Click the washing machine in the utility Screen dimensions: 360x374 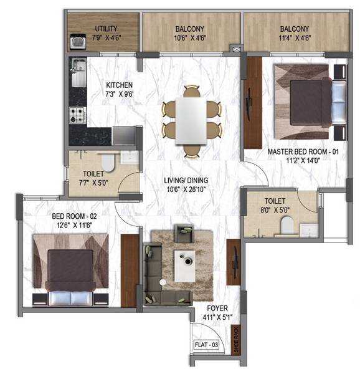pos(78,42)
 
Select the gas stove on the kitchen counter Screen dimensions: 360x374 pos(78,115)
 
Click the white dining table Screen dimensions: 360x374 pos(191,121)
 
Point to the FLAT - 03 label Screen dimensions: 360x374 pos(206,345)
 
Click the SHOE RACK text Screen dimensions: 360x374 pos(236,339)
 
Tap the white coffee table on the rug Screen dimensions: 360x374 pos(184,266)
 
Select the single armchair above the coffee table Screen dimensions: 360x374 pos(184,233)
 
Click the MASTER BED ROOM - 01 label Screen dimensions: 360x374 pos(303,151)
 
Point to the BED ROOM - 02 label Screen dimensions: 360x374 pos(74,216)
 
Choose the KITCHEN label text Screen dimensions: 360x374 pos(119,85)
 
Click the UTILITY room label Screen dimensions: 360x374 pos(106,29)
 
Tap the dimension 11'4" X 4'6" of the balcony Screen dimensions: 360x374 pos(295,37)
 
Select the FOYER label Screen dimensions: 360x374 pos(217,308)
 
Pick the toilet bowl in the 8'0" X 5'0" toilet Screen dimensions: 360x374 pos(287,225)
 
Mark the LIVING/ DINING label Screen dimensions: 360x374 pos(186,180)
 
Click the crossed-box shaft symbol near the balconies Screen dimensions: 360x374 pos(236,49)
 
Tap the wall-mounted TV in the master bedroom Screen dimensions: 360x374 pos(249,104)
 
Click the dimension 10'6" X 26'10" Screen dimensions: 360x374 pos(186,189)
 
